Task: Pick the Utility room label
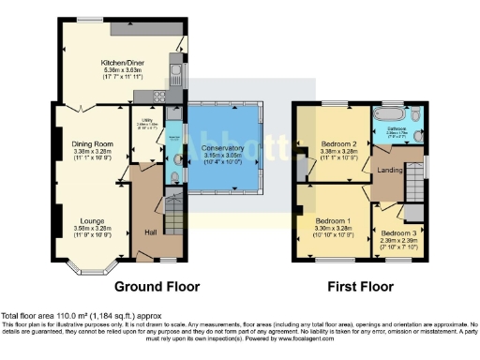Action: (146, 121)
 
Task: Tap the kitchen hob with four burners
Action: (156, 96)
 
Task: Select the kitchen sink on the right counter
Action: (174, 67)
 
